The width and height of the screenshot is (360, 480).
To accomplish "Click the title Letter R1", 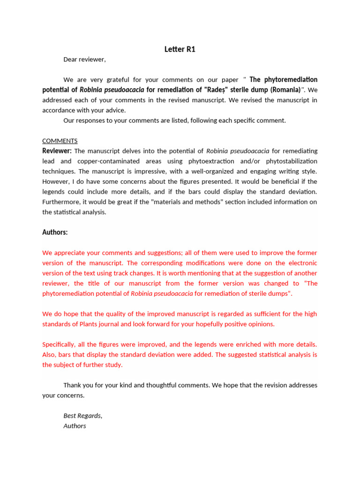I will tap(180, 49).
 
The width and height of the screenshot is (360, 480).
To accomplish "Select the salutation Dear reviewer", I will tap(84, 59).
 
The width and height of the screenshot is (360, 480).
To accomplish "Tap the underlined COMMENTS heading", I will tap(60, 141).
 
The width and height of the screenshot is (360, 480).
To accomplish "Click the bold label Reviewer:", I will tap(57, 151).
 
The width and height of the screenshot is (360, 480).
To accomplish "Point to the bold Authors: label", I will tap(55, 232).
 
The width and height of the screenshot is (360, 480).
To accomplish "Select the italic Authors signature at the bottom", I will tap(75, 426).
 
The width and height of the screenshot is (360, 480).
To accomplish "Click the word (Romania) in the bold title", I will tap(285, 90).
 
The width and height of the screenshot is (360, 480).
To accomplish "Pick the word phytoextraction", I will tap(202, 161).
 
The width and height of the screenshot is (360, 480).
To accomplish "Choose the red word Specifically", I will tap(60, 344).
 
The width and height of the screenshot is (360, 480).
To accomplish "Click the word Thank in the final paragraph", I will tap(73, 385).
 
